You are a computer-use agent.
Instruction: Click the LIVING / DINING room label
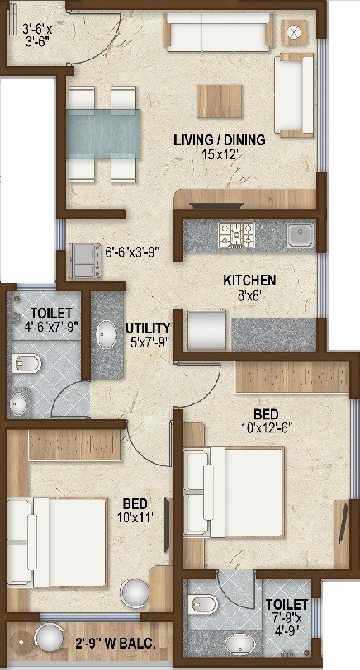click(x=219, y=139)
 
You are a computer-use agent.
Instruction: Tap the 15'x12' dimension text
click(x=219, y=153)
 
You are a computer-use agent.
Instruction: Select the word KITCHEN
click(x=249, y=280)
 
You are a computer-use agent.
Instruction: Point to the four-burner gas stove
click(x=235, y=235)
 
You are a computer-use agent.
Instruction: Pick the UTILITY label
click(x=149, y=328)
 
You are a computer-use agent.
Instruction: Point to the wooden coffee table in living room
click(x=220, y=101)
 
